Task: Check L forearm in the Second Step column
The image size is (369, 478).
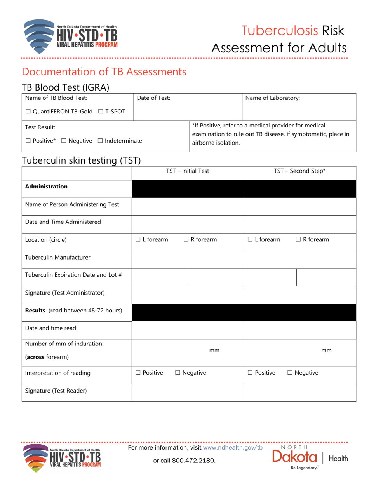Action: [250, 240]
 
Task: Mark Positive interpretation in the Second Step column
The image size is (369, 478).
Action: [250, 373]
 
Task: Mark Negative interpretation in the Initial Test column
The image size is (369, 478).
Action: [178, 373]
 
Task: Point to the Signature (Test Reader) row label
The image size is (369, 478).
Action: [56, 391]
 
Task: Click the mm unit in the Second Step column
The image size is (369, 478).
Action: [327, 351]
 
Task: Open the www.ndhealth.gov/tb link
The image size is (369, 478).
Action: [233, 448]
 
